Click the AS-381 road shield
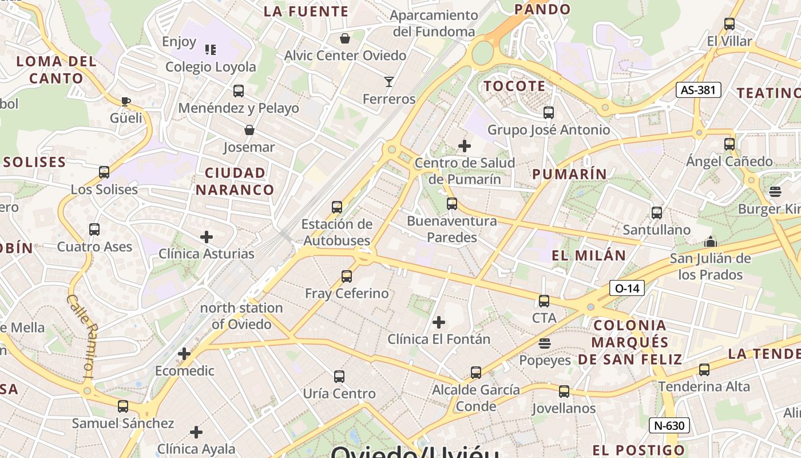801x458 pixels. [698, 90]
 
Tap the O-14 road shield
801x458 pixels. [627, 289]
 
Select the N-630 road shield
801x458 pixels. [669, 425]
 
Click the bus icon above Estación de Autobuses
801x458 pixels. [337, 207]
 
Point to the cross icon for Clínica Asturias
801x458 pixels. [207, 236]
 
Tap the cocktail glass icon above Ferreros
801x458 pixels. [389, 82]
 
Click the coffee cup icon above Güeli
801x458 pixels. [126, 102]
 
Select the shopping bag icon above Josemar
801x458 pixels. [249, 131]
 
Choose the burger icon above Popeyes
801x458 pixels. [545, 343]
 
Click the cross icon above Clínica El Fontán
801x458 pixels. [439, 322]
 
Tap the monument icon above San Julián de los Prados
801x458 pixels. [711, 242]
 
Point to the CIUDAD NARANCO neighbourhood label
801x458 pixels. [235, 181]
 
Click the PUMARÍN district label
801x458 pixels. [569, 174]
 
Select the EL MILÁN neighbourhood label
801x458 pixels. [589, 255]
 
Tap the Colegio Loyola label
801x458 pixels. [211, 67]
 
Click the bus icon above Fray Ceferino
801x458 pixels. [346, 277]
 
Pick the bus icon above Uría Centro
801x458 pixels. [339, 377]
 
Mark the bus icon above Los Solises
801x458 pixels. [104, 172]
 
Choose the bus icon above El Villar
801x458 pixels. [729, 24]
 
